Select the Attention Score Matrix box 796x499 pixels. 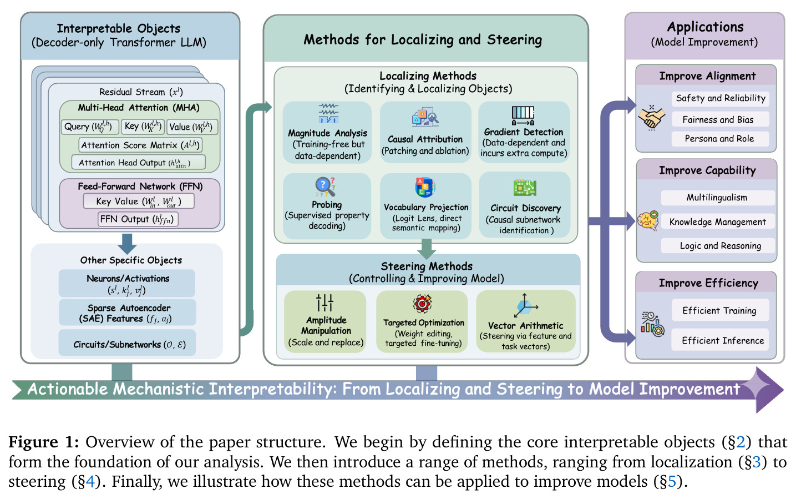pos(140,145)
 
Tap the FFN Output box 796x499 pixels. pos(138,219)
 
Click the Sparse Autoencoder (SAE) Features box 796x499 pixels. pos(127,312)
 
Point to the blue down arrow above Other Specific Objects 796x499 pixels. pos(127,244)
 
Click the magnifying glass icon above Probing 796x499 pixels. pos(325,187)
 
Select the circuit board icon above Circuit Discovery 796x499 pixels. pos(525,188)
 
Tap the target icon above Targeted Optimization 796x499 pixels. pos(422,304)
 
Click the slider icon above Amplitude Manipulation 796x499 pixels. pos(325,303)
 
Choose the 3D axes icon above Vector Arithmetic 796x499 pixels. pos(525,305)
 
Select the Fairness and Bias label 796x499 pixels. pos(720,119)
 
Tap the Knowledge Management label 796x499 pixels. pos(717,221)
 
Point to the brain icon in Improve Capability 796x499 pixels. pos(648,220)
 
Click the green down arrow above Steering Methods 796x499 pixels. pos(427,249)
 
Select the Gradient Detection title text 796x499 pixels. pos(524,132)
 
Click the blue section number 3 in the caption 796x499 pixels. pos(756,462)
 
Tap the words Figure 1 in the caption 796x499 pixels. pos(43,442)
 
